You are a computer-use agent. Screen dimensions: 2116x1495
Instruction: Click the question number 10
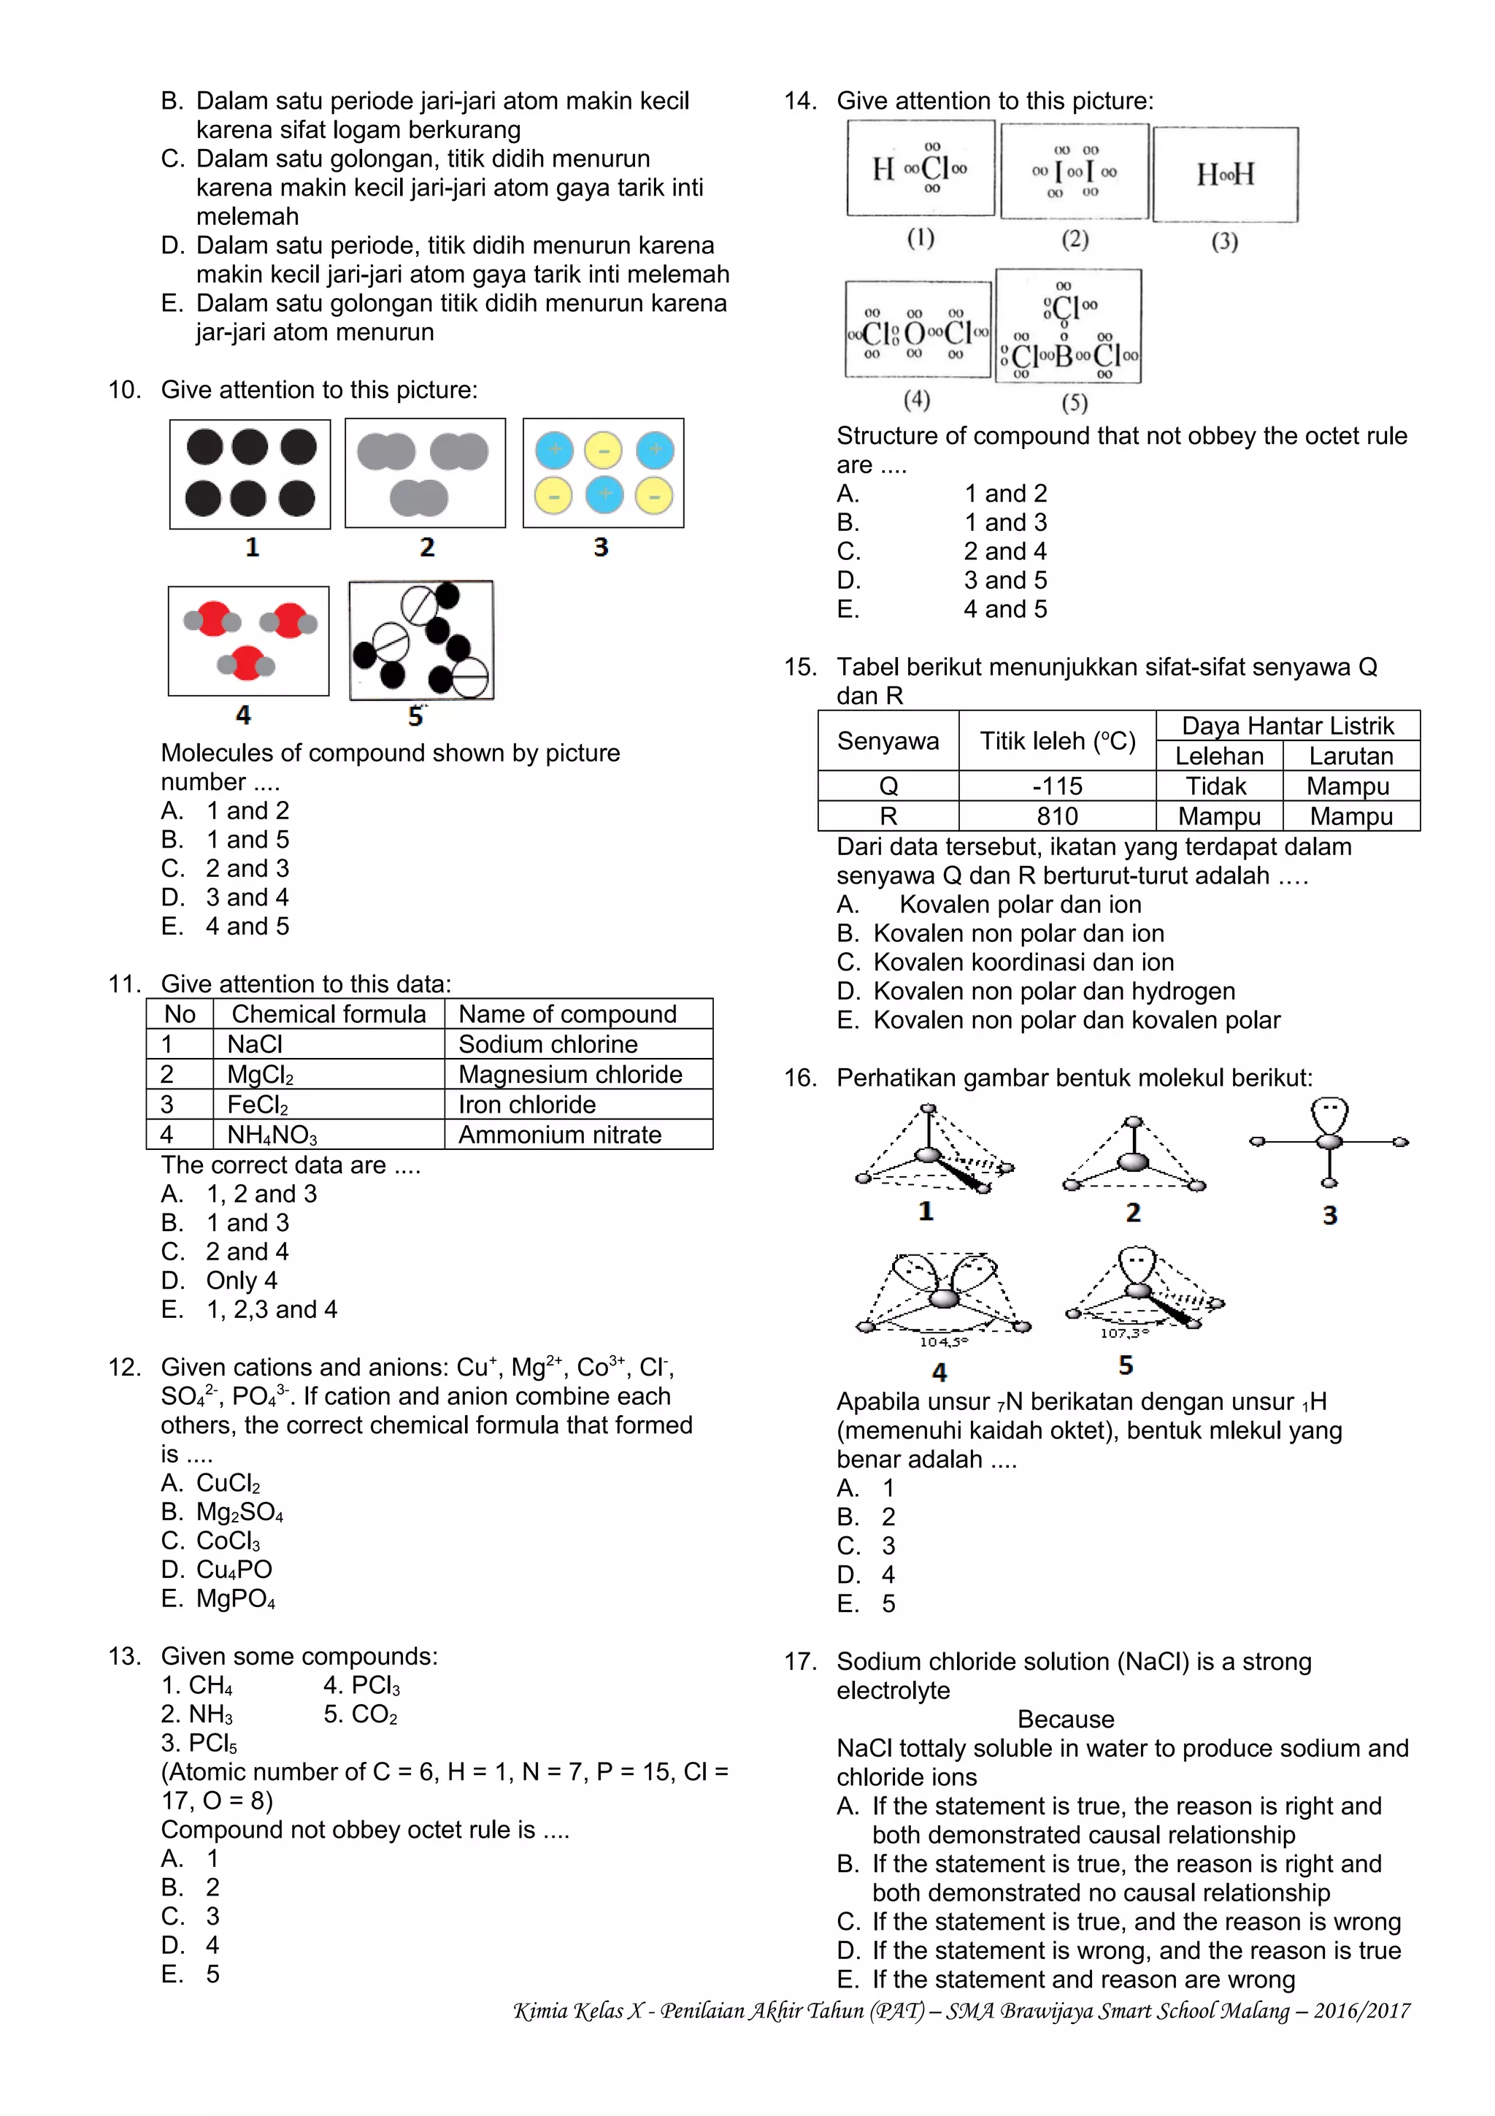click(124, 390)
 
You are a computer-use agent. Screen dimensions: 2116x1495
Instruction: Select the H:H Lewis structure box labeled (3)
click(1225, 175)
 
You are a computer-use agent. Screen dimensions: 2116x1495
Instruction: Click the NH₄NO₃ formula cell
click(273, 1135)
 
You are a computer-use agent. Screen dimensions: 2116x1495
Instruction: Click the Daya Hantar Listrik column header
click(1287, 727)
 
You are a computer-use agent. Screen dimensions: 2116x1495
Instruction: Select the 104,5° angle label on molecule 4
click(943, 1342)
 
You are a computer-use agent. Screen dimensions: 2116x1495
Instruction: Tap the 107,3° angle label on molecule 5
click(1123, 1333)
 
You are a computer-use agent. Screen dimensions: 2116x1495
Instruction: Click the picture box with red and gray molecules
click(249, 640)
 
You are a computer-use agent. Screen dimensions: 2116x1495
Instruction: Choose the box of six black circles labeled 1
click(250, 474)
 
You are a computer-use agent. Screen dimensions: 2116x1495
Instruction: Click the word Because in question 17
click(1065, 1720)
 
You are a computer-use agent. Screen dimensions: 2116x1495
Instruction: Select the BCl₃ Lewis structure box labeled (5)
click(1069, 326)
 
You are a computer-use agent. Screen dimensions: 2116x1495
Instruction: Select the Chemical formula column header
click(328, 1013)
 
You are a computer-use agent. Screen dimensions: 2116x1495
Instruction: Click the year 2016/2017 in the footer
click(1361, 2011)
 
